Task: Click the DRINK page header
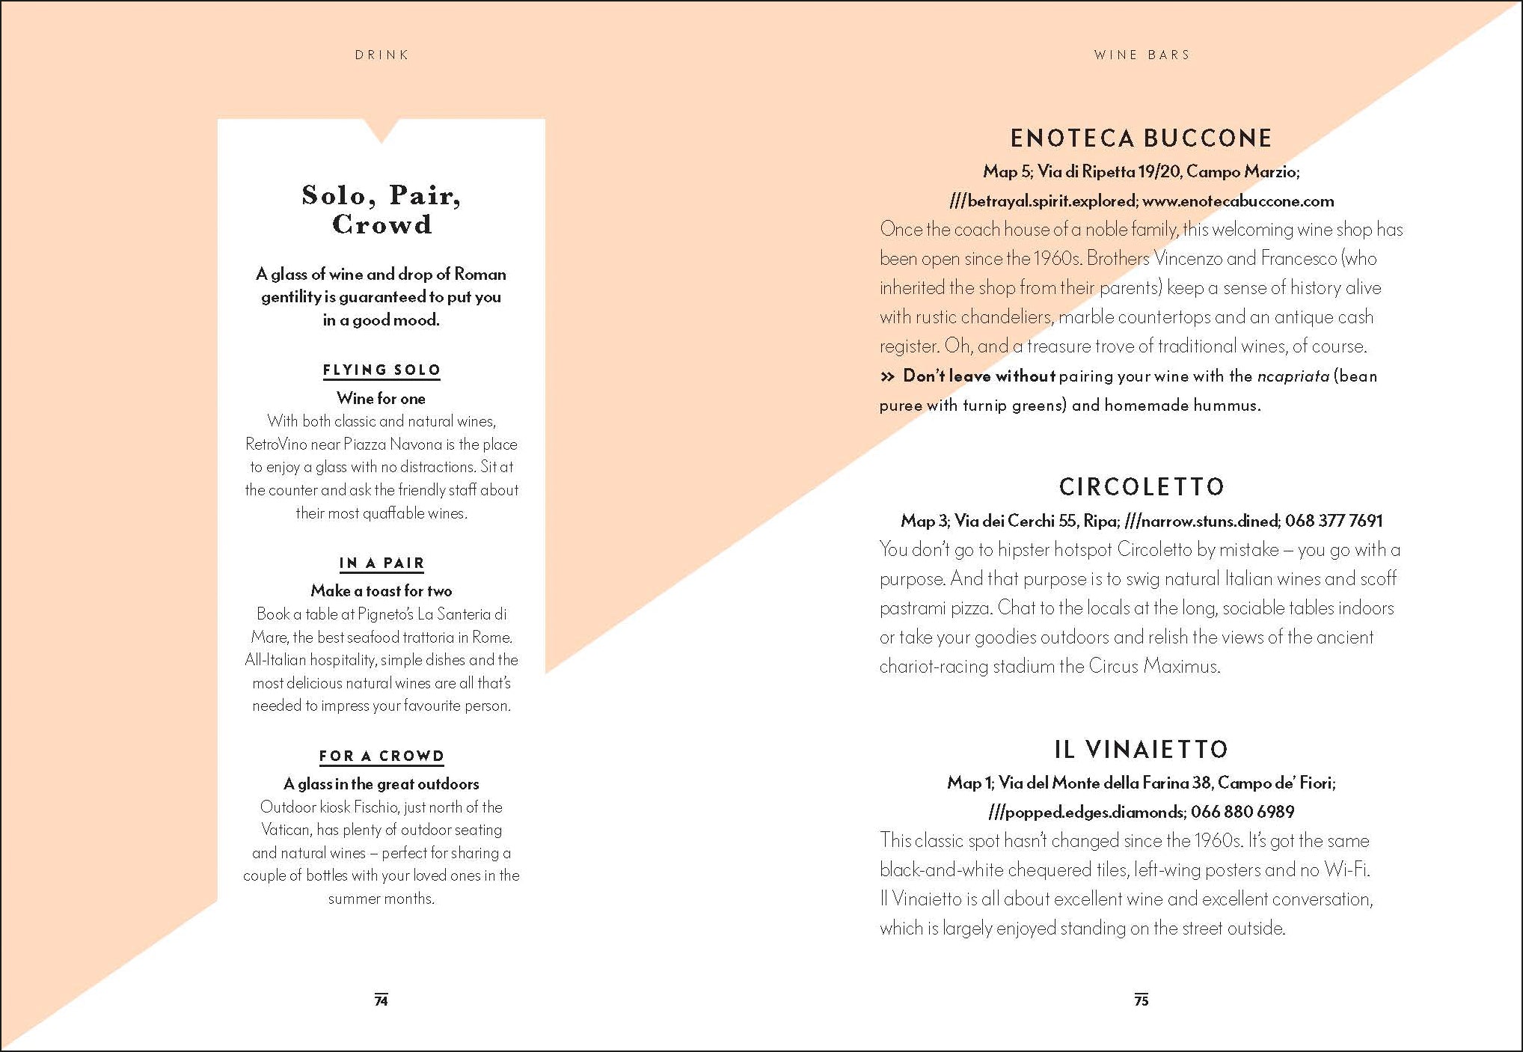pyautogui.click(x=381, y=55)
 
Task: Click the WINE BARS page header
pyautogui.click(x=1142, y=55)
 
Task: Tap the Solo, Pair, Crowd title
pyautogui.click(x=381, y=210)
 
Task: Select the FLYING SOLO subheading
pyautogui.click(x=381, y=370)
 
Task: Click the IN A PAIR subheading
pyautogui.click(x=381, y=563)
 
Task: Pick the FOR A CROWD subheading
pyautogui.click(x=381, y=756)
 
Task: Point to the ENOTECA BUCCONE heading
pyautogui.click(x=1141, y=138)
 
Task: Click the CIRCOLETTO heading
pyautogui.click(x=1142, y=487)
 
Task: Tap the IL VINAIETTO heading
pyautogui.click(x=1142, y=749)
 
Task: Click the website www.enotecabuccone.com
pyautogui.click(x=1238, y=201)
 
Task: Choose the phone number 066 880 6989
pyautogui.click(x=1242, y=812)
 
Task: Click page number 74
pyautogui.click(x=381, y=1000)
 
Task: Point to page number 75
pyautogui.click(x=1142, y=1000)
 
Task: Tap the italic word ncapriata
pyautogui.click(x=1293, y=376)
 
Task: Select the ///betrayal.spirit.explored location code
pyautogui.click(x=1043, y=201)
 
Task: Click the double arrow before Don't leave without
pyautogui.click(x=887, y=376)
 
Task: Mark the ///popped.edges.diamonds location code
pyautogui.click(x=1085, y=812)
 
